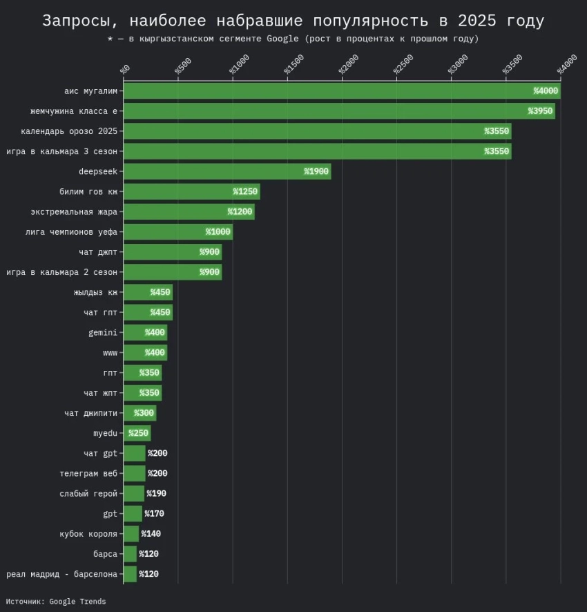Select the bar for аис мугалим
coord(342,90)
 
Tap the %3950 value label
coord(540,111)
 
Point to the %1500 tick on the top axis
coord(295,66)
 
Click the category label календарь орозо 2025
coord(69,131)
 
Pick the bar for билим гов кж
coord(191,191)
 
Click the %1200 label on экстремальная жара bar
coord(240,212)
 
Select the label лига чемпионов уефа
coord(70,232)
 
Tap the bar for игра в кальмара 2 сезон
coord(172,272)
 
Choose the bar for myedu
coord(137,433)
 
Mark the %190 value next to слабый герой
coord(156,494)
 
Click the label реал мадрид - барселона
coord(62,574)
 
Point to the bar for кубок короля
coord(131,534)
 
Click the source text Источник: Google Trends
coord(57,602)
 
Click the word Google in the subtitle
coord(281,39)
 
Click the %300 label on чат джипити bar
coord(144,413)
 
